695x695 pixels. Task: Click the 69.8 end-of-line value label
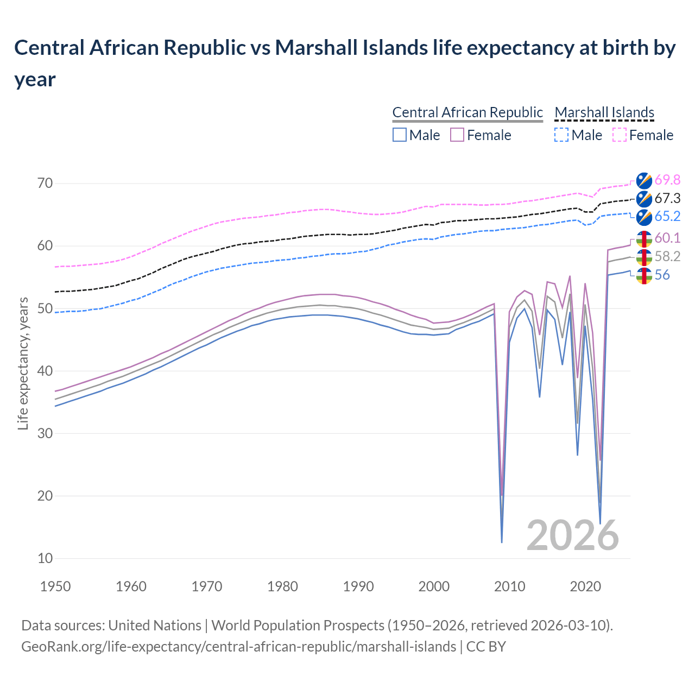click(667, 180)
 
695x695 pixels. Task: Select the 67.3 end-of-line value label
click(667, 199)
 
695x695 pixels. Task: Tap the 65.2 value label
click(667, 217)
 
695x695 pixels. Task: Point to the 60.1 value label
click(667, 238)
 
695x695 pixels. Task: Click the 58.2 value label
click(667, 257)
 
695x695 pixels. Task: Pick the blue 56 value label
click(662, 275)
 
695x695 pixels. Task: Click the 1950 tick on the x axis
click(55, 586)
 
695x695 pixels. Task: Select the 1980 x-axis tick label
click(282, 586)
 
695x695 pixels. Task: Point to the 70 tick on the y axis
click(45, 184)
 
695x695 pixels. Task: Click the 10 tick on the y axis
click(45, 558)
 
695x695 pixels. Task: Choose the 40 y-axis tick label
click(45, 371)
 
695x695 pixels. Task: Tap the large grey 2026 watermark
click(572, 535)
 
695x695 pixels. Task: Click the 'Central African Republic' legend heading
click(467, 112)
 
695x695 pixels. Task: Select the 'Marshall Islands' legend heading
click(604, 112)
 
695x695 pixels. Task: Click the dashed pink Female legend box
click(619, 135)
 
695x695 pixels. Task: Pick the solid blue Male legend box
click(400, 135)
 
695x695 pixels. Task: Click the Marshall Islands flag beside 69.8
click(644, 180)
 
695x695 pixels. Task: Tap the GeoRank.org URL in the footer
click(238, 647)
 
